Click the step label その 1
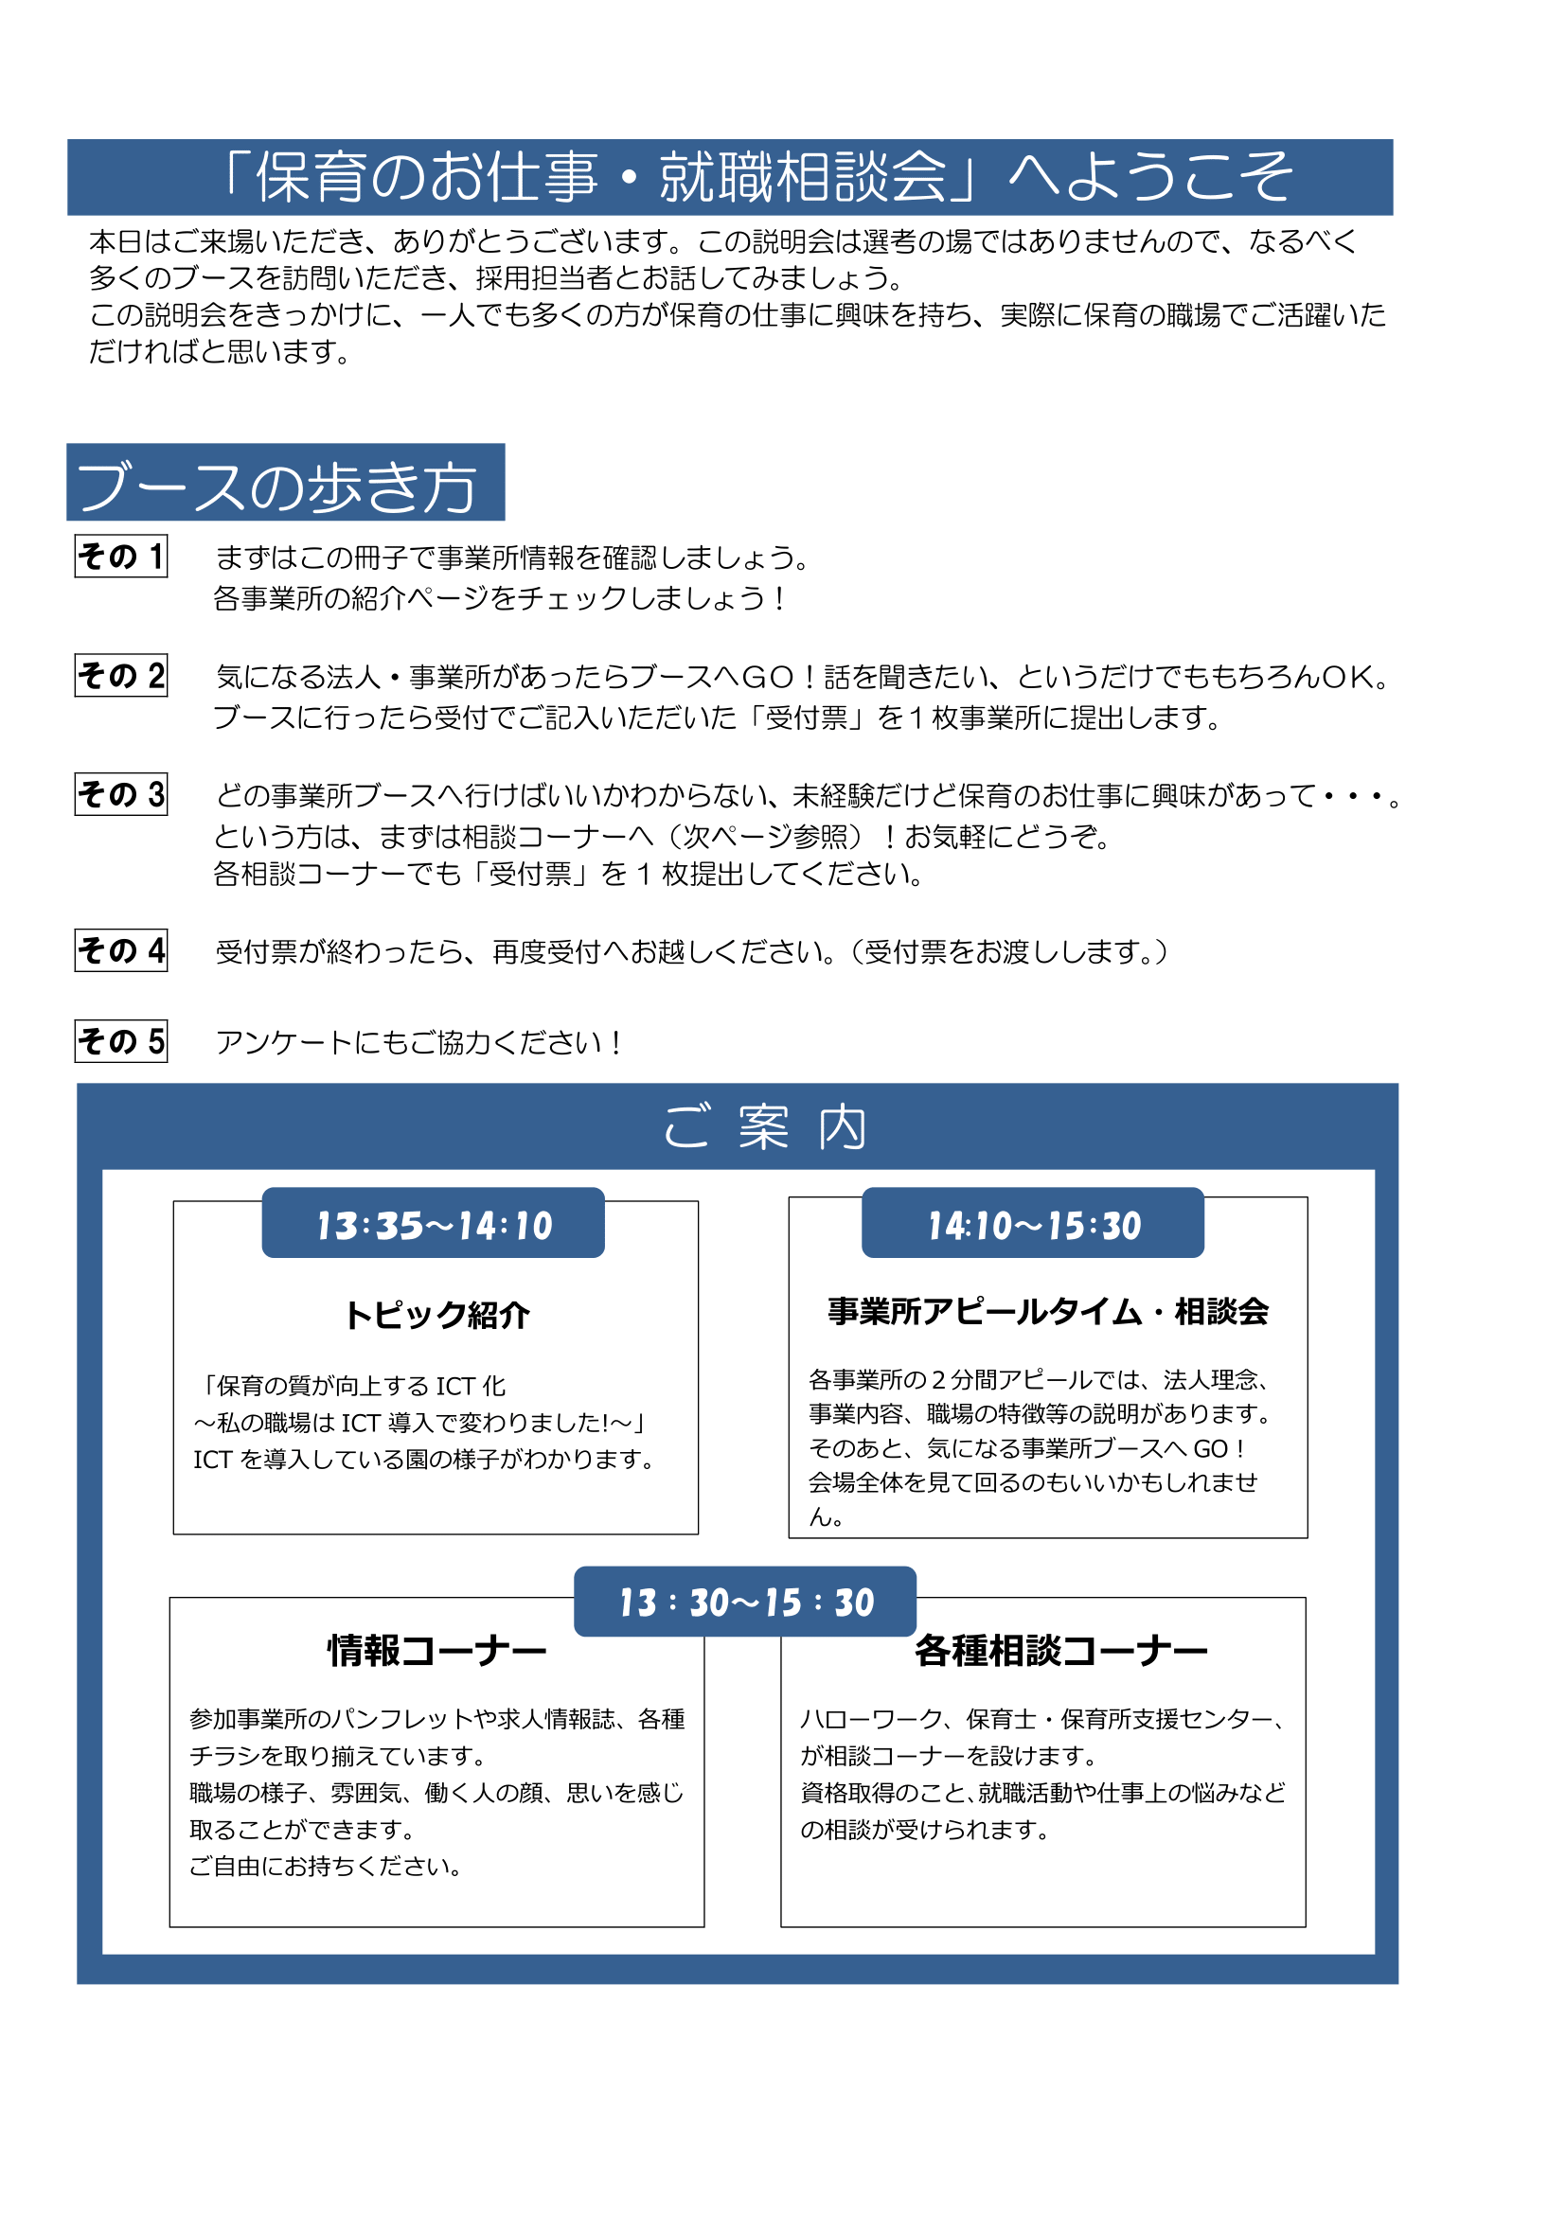coord(120,557)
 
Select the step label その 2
coord(120,675)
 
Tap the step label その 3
coord(120,794)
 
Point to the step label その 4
coord(120,950)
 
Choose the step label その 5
coord(120,1041)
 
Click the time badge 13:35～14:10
coord(433,1224)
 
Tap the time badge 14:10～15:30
coord(1033,1224)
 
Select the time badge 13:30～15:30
coord(745,1602)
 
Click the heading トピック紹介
coord(436,1316)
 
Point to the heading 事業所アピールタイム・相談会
coord(1047,1311)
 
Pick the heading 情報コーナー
coord(436,1651)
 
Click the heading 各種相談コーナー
coord(1060,1651)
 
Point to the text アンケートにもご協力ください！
coord(420,1042)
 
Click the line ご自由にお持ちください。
coord(325,1866)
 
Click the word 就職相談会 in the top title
coord(803,177)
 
